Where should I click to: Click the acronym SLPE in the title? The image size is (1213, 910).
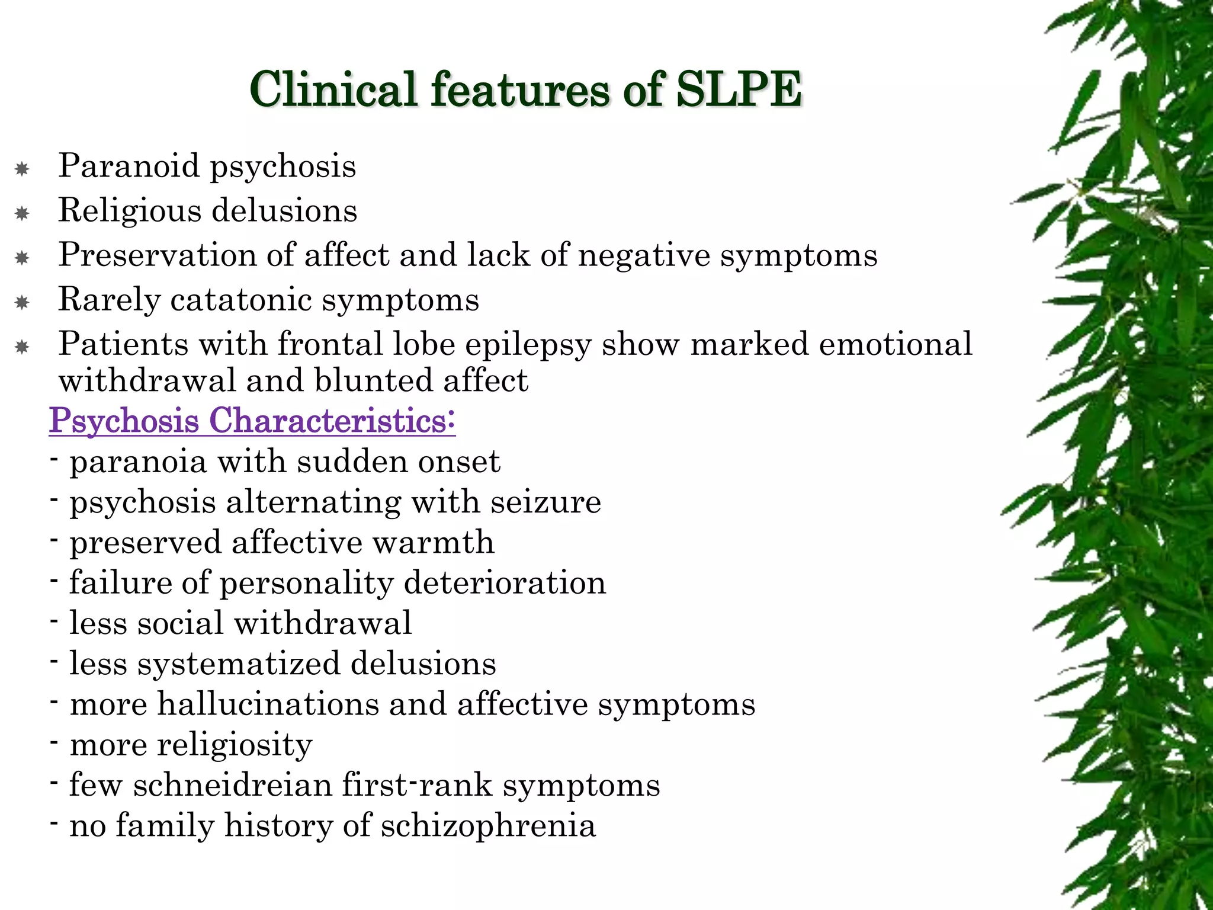click(739, 89)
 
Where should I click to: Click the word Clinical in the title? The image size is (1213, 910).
click(333, 89)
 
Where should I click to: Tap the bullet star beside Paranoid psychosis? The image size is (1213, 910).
click(22, 169)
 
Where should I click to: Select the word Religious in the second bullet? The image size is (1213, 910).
click(129, 212)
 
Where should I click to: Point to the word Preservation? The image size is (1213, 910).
click(156, 255)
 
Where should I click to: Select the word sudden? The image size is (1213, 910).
click(354, 462)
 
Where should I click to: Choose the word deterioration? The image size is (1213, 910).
click(505, 583)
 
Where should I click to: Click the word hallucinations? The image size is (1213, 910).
click(268, 704)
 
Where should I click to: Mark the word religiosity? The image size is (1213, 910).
click(234, 745)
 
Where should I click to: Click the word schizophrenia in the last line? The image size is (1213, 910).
click(488, 825)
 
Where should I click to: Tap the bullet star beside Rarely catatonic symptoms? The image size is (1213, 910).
click(22, 303)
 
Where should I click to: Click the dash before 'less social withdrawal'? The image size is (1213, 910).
click(54, 621)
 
